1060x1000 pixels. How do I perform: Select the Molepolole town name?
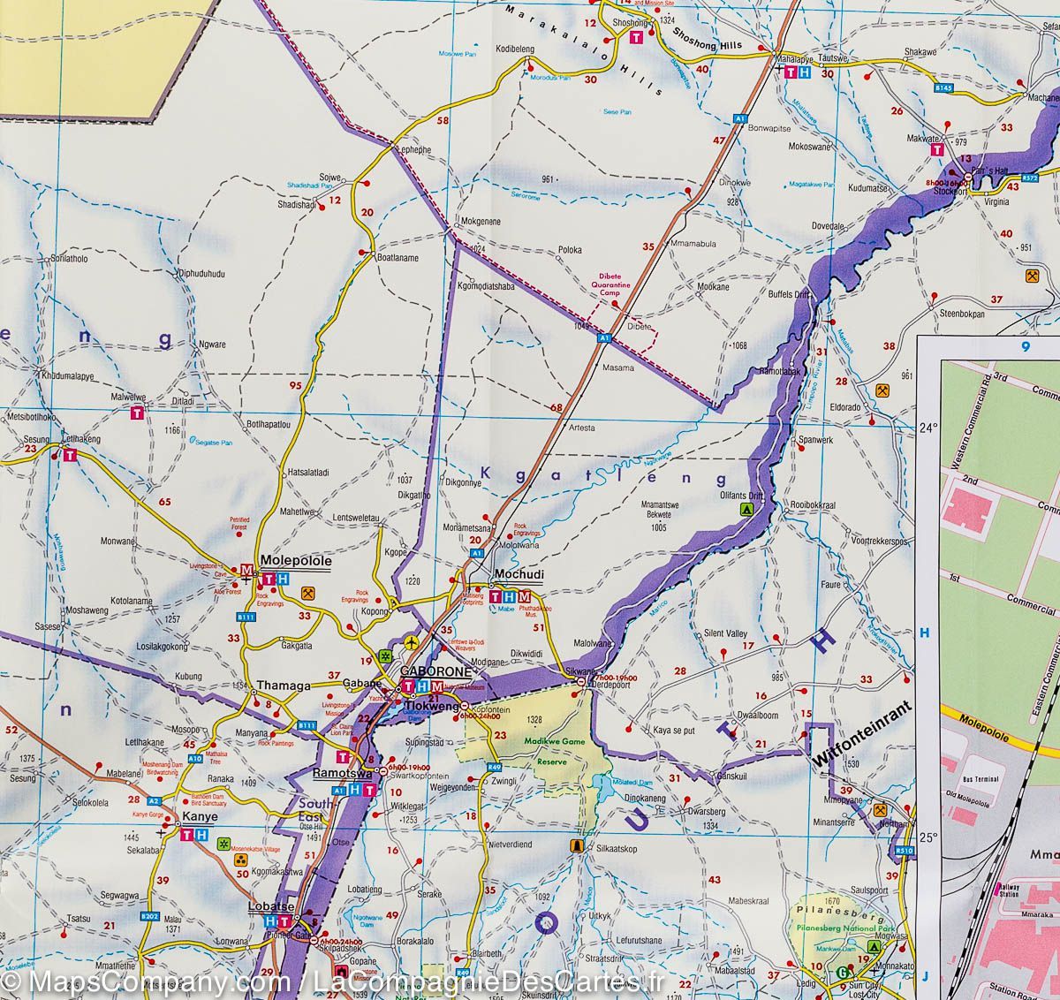tap(295, 561)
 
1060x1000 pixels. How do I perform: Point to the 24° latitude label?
tap(928, 428)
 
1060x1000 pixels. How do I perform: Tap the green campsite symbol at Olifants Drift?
tap(746, 510)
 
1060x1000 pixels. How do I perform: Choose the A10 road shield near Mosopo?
tap(194, 758)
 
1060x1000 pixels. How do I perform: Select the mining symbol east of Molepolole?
tap(308, 593)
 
